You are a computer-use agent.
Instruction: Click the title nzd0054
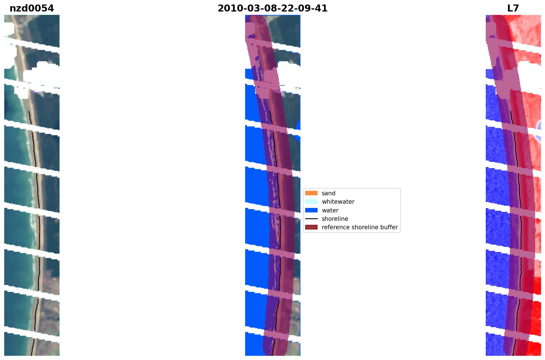(x=32, y=8)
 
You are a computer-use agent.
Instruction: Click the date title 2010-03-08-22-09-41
(x=273, y=8)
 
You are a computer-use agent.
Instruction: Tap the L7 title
(x=513, y=8)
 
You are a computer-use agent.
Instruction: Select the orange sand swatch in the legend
(x=311, y=193)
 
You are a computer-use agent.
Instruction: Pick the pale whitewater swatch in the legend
(x=311, y=201)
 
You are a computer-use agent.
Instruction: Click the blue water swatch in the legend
(x=311, y=210)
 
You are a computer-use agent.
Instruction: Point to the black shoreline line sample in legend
(x=311, y=219)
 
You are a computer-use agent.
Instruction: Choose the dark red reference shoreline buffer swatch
(x=311, y=227)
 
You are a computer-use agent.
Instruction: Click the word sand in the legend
(x=329, y=193)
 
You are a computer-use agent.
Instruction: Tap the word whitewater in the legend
(x=338, y=202)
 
